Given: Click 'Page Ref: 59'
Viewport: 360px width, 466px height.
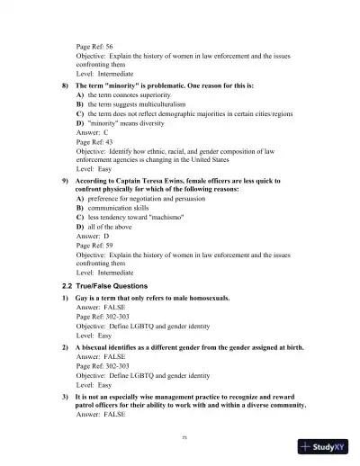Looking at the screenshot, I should tap(95, 254).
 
